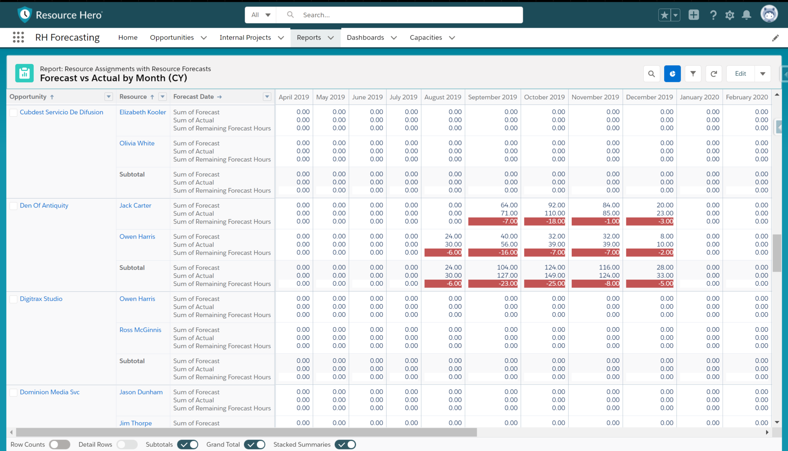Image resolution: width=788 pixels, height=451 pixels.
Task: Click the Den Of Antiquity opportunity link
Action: pyautogui.click(x=44, y=205)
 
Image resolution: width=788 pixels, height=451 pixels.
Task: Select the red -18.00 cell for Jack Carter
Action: pyautogui.click(x=544, y=221)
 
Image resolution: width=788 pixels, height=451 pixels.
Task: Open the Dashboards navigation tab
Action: pyautogui.click(x=365, y=37)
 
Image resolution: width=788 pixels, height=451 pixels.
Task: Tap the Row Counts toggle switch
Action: pyautogui.click(x=59, y=444)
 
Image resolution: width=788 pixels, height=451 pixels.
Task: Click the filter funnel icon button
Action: pyautogui.click(x=693, y=73)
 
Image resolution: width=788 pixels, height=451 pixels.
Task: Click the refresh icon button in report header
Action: pyautogui.click(x=713, y=73)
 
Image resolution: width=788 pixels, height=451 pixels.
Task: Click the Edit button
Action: pyautogui.click(x=740, y=73)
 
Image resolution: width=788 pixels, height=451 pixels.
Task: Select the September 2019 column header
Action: pyautogui.click(x=492, y=97)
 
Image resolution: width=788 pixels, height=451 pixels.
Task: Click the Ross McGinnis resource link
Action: pyautogui.click(x=140, y=330)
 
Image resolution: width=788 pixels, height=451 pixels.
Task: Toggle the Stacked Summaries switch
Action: pyautogui.click(x=345, y=444)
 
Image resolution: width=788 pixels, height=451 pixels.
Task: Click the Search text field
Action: pyautogui.click(x=408, y=15)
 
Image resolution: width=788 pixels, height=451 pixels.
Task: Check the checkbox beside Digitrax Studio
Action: pyautogui.click(x=13, y=299)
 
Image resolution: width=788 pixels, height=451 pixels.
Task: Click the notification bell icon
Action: pyautogui.click(x=746, y=15)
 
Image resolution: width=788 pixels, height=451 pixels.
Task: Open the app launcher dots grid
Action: pyautogui.click(x=18, y=37)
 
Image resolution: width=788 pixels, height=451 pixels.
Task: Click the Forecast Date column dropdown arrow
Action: pyautogui.click(x=267, y=97)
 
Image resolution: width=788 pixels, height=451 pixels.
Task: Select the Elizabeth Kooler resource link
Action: pyautogui.click(x=142, y=112)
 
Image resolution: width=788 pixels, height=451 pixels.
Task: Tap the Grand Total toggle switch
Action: pyautogui.click(x=254, y=444)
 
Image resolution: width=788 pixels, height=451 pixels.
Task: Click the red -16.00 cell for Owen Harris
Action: pyautogui.click(x=493, y=252)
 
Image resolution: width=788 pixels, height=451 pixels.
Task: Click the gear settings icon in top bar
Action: pyautogui.click(x=730, y=15)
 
